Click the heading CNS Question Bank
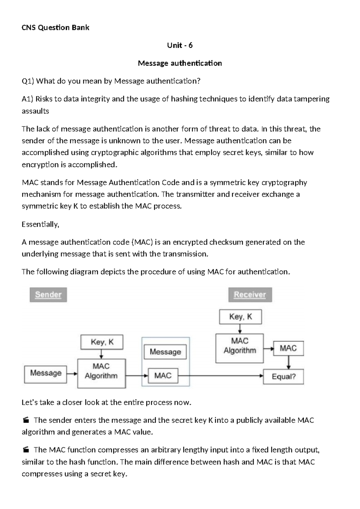tap(55, 28)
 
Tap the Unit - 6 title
tap(180, 45)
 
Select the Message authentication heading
tap(180, 63)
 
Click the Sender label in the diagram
tap(48, 295)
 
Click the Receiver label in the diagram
tap(250, 295)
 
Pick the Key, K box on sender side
tap(102, 342)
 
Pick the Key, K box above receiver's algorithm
tap(240, 317)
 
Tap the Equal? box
tap(283, 377)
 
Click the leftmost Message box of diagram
tap(46, 374)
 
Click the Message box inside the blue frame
tap(165, 352)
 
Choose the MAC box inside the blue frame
tap(163, 376)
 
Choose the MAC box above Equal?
tap(288, 348)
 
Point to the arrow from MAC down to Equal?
tap(288, 363)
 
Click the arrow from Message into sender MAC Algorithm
tap(72, 374)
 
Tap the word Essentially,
tap(40, 224)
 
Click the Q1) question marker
tap(28, 81)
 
